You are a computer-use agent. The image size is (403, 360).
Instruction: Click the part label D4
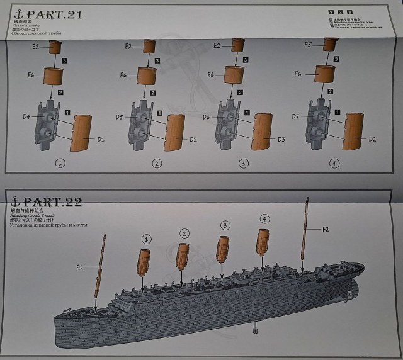[x=26, y=116]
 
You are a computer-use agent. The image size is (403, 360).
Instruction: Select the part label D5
[x=120, y=116]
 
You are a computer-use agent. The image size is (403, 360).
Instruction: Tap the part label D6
[x=206, y=117]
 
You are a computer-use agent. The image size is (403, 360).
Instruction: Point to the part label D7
[x=295, y=116]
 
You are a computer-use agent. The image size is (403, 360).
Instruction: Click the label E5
[x=308, y=45]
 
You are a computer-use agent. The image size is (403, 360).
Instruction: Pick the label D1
[x=100, y=138]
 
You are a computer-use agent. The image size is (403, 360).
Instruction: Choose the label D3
[x=281, y=139]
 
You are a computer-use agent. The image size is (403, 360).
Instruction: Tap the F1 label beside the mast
[x=79, y=267]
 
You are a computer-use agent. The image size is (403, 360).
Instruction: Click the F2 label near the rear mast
[x=326, y=229]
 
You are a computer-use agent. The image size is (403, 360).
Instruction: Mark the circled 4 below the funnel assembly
[x=334, y=163]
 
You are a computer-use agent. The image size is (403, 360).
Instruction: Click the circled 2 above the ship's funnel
[x=184, y=233]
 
